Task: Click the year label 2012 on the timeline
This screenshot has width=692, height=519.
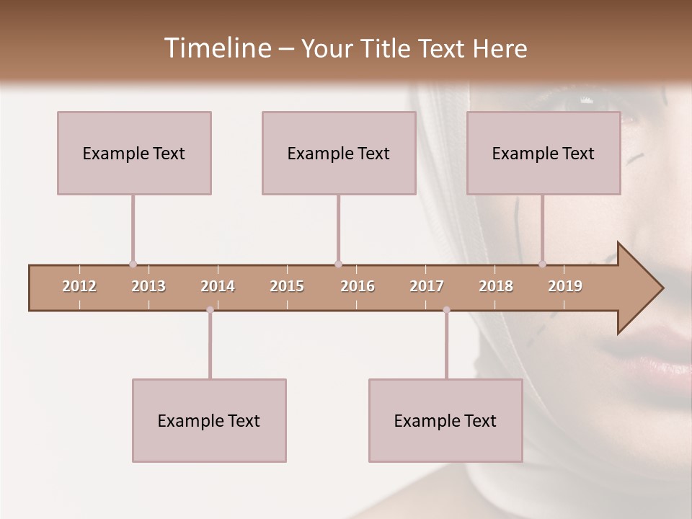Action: tap(79, 286)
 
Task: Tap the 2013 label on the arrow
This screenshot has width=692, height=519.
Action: tap(148, 286)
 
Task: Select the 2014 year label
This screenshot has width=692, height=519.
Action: tap(218, 286)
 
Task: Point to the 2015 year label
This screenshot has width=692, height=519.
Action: tap(287, 286)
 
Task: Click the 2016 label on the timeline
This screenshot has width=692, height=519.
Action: tap(358, 286)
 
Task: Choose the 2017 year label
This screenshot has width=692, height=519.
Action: tap(427, 286)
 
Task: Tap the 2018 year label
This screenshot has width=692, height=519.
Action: tap(496, 286)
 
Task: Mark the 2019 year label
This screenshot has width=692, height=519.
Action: tap(565, 286)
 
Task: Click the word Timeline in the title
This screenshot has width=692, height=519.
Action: tap(216, 48)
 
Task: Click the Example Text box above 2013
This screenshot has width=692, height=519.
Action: tap(134, 153)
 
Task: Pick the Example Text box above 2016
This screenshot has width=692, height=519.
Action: tap(339, 153)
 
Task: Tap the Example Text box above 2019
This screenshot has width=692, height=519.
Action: tap(544, 153)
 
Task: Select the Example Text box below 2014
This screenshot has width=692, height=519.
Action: tap(209, 420)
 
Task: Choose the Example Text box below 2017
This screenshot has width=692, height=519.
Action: tap(445, 420)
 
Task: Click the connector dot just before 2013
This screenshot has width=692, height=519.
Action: tap(133, 264)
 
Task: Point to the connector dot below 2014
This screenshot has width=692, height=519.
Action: tap(210, 310)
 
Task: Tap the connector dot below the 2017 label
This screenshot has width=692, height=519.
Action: tap(446, 310)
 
